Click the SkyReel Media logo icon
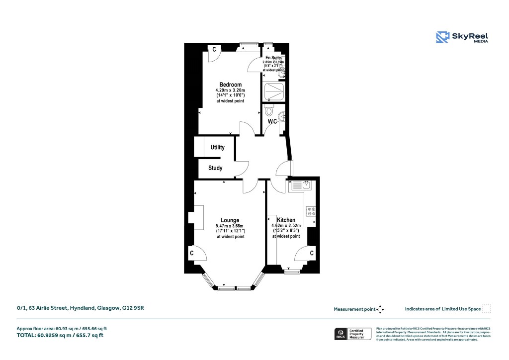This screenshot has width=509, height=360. point(442,38)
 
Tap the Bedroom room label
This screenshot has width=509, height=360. point(230,85)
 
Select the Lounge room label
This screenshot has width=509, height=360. point(230,220)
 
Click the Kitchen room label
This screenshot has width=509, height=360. point(286,220)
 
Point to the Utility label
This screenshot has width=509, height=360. point(217,147)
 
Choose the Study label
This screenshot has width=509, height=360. point(215,168)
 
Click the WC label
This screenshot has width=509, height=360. point(272,121)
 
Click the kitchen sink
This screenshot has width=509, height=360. point(302,186)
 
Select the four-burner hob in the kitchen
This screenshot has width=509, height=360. point(312,211)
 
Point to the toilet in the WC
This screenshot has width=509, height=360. point(269,110)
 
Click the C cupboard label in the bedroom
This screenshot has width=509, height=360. point(214,49)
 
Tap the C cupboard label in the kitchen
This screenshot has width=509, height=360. point(311,253)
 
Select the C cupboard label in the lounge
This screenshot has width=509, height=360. point(191,253)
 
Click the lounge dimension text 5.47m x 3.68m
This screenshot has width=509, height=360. point(230,226)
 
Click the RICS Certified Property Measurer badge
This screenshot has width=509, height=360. point(352,334)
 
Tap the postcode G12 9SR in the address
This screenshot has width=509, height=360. point(133,308)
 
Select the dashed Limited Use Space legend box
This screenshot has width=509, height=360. point(487,309)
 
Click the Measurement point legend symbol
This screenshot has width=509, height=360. point(380,309)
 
